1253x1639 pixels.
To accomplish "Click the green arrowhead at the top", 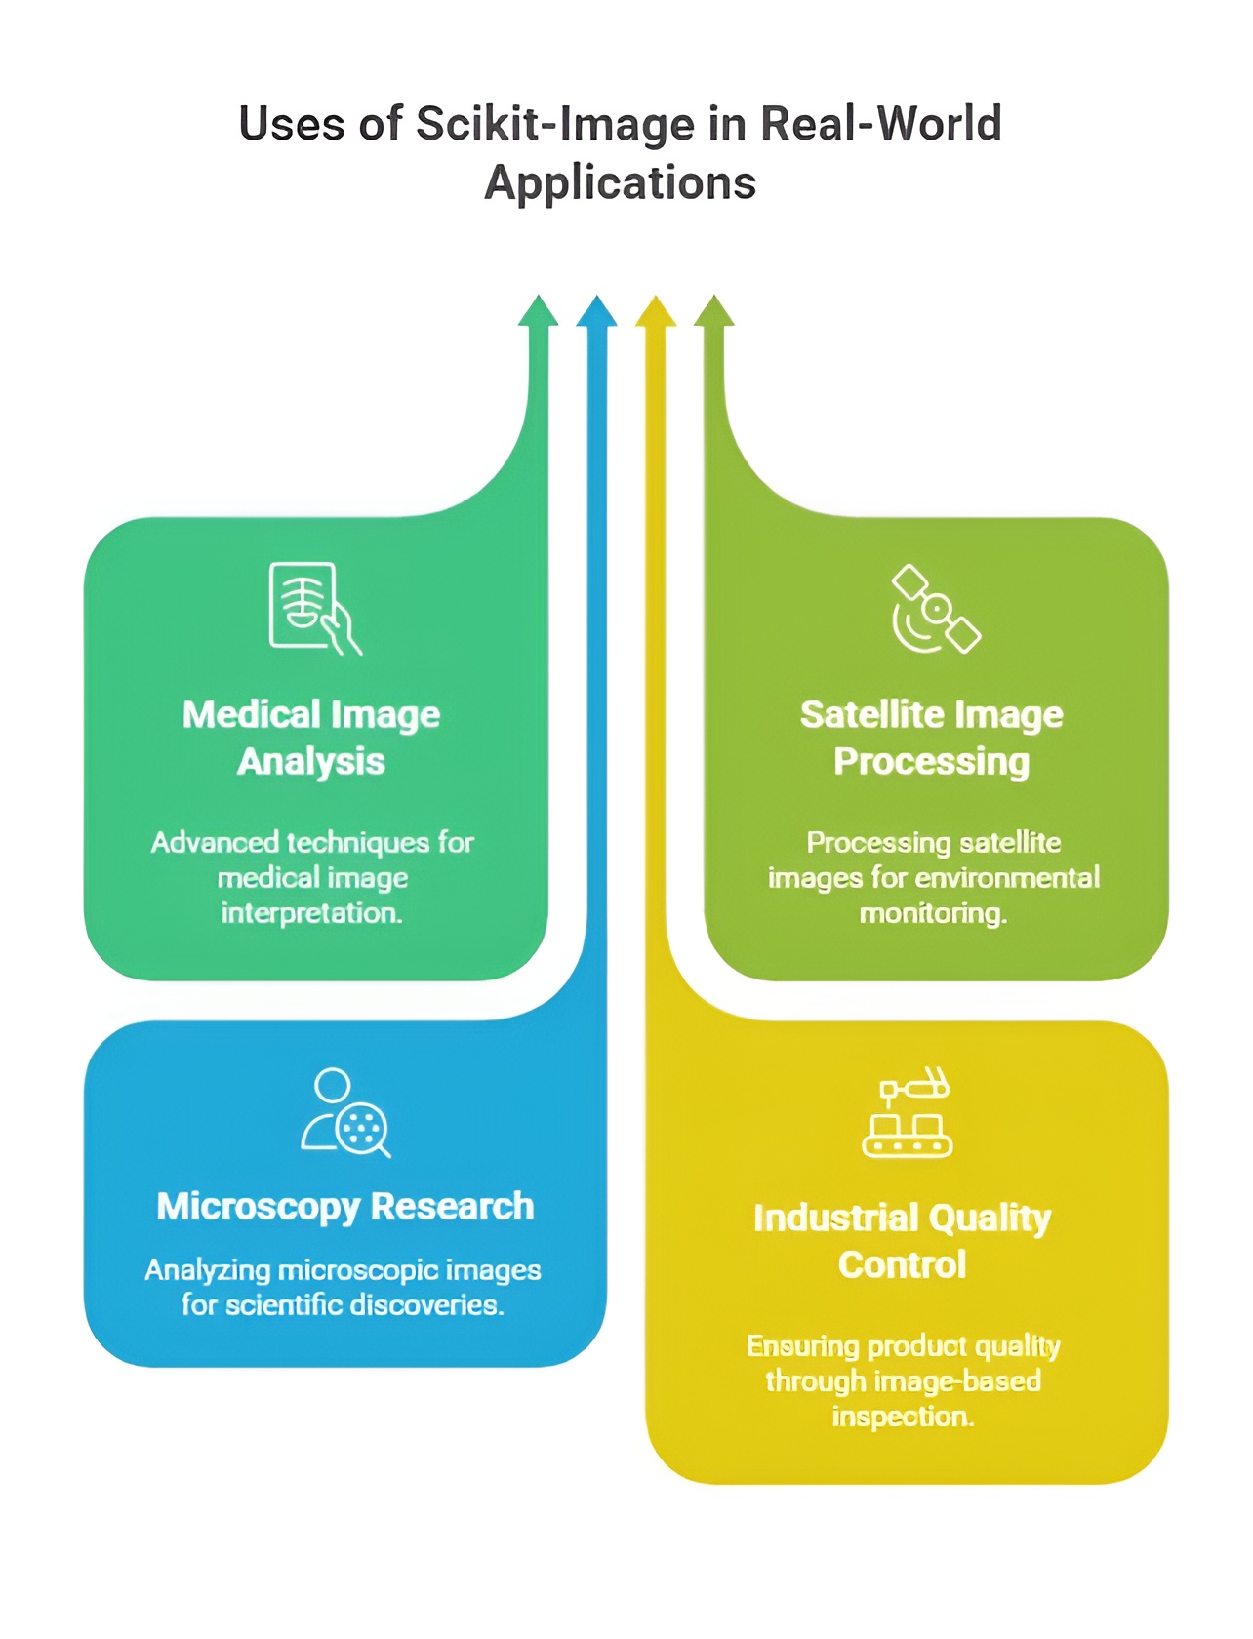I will pyautogui.click(x=538, y=312).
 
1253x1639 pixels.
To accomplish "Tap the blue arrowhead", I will pyautogui.click(x=596, y=312).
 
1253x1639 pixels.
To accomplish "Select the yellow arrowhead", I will pyautogui.click(x=656, y=312).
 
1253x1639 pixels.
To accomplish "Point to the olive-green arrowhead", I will pyautogui.click(x=714, y=312).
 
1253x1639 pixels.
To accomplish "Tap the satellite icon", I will pyautogui.click(x=935, y=609).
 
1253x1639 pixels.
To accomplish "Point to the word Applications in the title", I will pyautogui.click(x=621, y=183).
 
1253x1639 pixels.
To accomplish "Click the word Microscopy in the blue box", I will pyautogui.click(x=259, y=1207).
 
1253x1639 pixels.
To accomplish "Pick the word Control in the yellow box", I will pyautogui.click(x=903, y=1265).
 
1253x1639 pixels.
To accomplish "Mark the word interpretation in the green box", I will pyautogui.click(x=311, y=913).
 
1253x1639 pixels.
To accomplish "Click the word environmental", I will pyautogui.click(x=1004, y=878).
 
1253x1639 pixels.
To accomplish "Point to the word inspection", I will pyautogui.click(x=903, y=1417).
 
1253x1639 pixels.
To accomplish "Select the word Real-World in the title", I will pyautogui.click(x=880, y=125).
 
